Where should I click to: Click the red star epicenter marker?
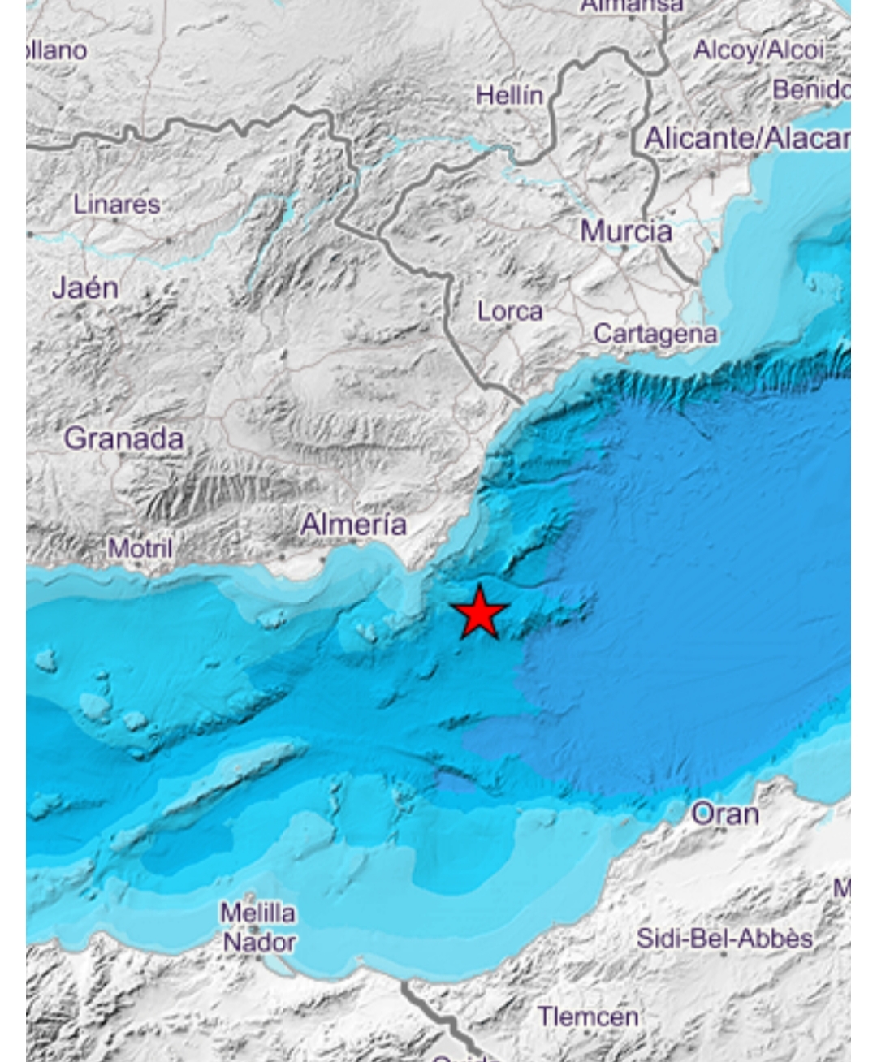481,613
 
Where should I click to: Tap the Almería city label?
353,525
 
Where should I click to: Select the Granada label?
123,438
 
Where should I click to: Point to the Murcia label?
625,231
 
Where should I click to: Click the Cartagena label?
655,334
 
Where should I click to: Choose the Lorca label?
510,311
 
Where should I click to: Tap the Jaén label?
84,287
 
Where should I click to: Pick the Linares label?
116,204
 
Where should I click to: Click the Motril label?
140,549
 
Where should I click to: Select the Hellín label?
509,96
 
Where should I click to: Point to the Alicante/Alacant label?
746,139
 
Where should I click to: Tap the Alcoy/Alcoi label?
758,50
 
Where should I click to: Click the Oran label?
724,814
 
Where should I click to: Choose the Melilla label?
257,913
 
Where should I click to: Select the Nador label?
259,943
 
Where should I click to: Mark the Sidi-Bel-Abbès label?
724,939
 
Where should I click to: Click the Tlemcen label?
588,1016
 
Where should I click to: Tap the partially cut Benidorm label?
810,89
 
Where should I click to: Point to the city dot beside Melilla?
254,929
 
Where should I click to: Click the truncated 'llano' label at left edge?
56,50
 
